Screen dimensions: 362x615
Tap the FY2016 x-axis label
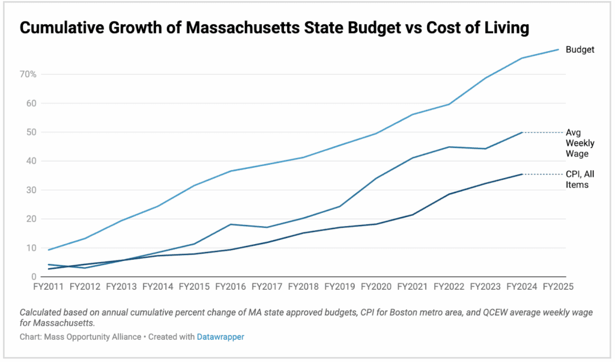click(x=231, y=287)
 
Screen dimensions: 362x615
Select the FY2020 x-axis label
click(x=377, y=287)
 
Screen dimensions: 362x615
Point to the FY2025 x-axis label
click(x=559, y=287)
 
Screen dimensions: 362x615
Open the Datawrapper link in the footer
click(x=220, y=337)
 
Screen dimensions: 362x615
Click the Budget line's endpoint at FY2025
click(x=559, y=49)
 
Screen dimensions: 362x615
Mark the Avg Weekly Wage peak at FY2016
click(x=231, y=224)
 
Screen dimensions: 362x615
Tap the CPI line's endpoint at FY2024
click(x=523, y=174)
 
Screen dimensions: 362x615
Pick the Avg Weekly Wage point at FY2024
click(x=523, y=132)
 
